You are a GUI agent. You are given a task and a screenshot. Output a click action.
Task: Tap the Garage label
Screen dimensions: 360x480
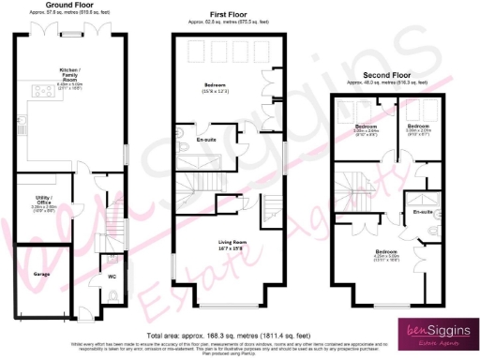click(42, 275)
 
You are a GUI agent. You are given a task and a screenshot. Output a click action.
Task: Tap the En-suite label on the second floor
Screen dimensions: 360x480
click(422, 212)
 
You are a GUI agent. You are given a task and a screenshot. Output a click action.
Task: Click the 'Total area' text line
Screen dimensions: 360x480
click(240, 335)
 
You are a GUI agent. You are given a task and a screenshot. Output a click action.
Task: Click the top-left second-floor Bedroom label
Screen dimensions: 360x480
click(365, 127)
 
